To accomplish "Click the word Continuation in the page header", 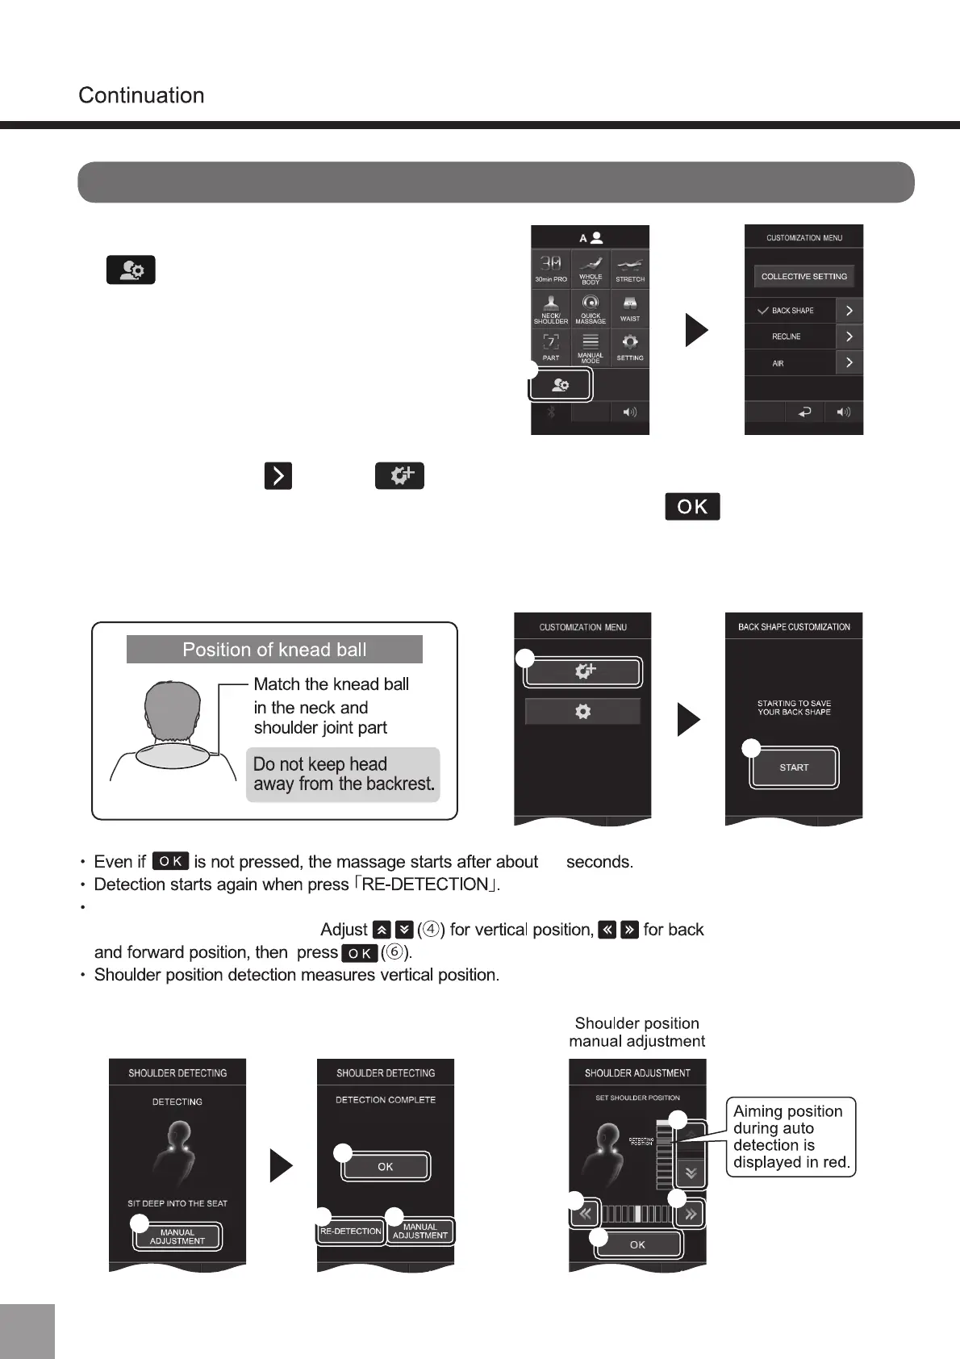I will pos(141,95).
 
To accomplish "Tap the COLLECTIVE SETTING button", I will pos(803,276).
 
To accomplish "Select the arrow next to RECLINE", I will pos(849,337).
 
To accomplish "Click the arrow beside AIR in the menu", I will pos(849,363).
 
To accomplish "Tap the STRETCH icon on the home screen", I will pos(630,269).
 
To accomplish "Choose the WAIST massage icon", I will pos(630,308).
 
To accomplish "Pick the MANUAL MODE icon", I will pos(591,347).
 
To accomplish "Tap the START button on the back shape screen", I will pos(794,767).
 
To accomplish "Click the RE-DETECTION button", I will pos(351,1231).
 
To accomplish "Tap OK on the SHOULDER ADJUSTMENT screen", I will pos(637,1244).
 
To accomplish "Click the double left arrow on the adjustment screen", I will pos(585,1214).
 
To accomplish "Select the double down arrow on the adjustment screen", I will pos(691,1173).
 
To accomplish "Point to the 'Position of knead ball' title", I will pos(274,650).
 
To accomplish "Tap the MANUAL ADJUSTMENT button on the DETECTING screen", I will pos(177,1236).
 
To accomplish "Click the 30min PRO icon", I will pos(551,269).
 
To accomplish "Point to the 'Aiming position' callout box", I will pos(791,1136).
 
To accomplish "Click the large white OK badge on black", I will pos(692,506).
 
